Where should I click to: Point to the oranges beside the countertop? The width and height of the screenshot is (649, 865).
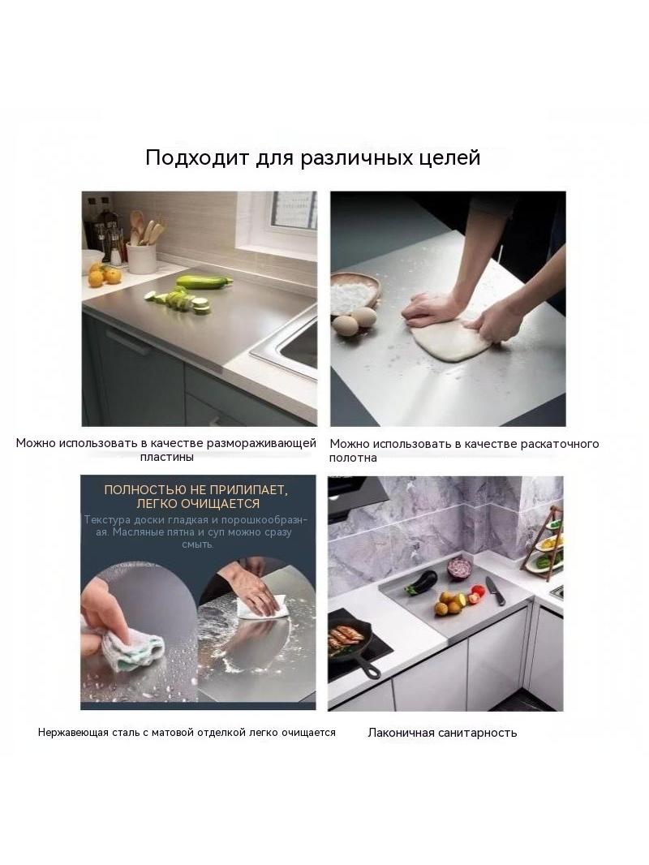pyautogui.click(x=104, y=274)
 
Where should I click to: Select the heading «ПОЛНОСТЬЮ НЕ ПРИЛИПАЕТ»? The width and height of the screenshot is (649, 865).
pyautogui.click(x=196, y=489)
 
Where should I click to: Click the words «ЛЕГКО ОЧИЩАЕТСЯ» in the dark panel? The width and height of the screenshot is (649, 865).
pyautogui.click(x=198, y=503)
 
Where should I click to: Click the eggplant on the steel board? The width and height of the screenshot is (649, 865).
pyautogui.click(x=421, y=583)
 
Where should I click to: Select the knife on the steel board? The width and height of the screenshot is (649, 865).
pyautogui.click(x=495, y=590)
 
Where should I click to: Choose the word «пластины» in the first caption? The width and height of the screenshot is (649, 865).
pyautogui.click(x=166, y=458)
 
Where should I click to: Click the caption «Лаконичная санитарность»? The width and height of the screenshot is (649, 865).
pyautogui.click(x=442, y=733)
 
